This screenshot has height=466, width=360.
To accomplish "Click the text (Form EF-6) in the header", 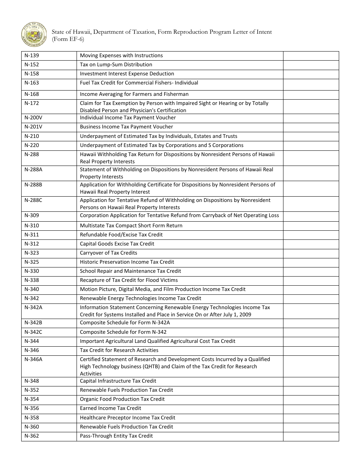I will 68,39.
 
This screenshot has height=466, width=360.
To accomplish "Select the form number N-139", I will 31,56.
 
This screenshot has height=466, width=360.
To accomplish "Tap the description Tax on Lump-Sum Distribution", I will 116,65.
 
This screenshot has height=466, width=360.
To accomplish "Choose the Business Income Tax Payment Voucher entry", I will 126,127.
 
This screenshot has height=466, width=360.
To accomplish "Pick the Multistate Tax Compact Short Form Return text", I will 131,226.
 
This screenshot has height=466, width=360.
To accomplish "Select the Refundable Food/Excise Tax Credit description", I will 121,235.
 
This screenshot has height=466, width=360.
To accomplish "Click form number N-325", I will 31,262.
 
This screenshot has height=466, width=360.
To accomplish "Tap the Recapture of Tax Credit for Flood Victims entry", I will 129,280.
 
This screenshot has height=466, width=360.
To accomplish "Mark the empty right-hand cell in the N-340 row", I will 311,289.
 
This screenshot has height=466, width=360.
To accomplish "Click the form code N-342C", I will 33,332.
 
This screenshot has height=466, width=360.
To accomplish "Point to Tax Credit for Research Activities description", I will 119,350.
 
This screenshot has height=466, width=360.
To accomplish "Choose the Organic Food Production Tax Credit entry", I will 122,399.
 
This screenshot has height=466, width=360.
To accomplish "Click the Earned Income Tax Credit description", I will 110,408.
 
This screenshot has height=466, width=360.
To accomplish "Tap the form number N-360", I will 31,427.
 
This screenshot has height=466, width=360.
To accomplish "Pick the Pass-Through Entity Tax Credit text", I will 116,436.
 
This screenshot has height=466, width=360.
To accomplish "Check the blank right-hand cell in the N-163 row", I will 311,84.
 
